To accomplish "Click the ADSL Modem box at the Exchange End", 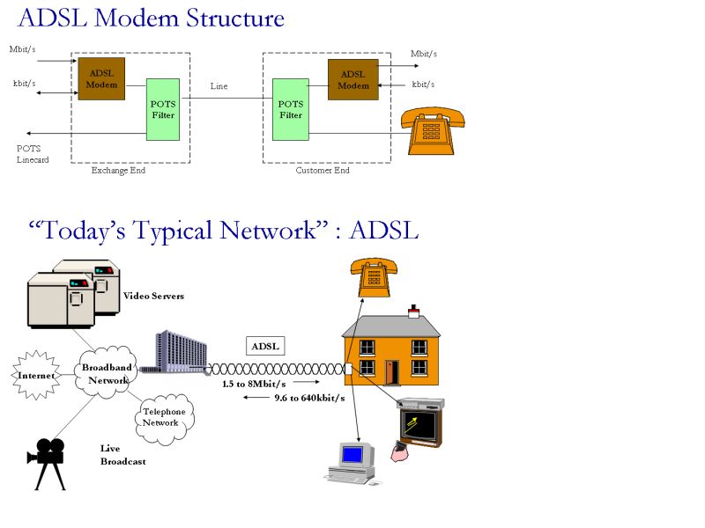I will pyautogui.click(x=101, y=78).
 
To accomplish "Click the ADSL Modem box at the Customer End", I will pyautogui.click(x=353, y=79).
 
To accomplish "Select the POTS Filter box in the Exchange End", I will pyautogui.click(x=163, y=109).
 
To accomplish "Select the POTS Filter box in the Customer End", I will pyautogui.click(x=290, y=109).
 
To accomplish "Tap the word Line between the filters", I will pyautogui.click(x=219, y=86).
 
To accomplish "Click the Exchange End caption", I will pyautogui.click(x=118, y=171).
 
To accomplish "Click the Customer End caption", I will pyautogui.click(x=322, y=171).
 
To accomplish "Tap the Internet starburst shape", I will pyautogui.click(x=35, y=376).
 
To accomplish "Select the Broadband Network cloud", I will pyautogui.click(x=104, y=374).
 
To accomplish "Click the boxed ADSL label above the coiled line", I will pyautogui.click(x=265, y=346).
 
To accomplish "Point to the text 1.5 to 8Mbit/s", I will pyautogui.click(x=254, y=384).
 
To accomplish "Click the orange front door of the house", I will pyautogui.click(x=391, y=371).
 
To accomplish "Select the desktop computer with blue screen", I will pyautogui.click(x=352, y=462).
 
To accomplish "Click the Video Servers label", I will pyautogui.click(x=153, y=297).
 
